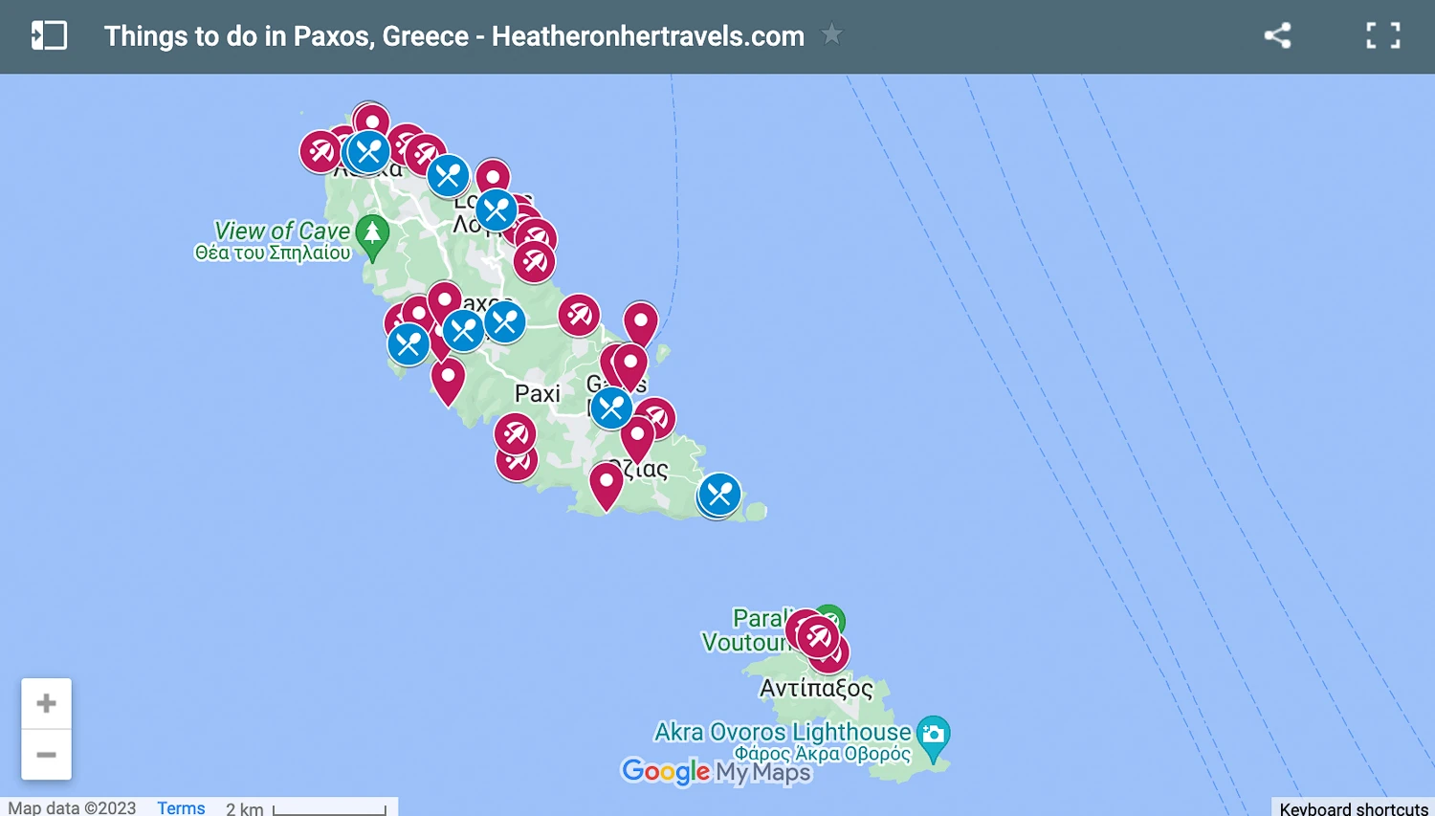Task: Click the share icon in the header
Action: point(1277,36)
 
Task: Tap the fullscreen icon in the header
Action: point(1382,36)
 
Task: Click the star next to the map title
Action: point(832,35)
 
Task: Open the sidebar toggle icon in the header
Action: point(49,36)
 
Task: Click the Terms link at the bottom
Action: point(181,807)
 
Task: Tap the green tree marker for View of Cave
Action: point(372,235)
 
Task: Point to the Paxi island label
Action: point(538,393)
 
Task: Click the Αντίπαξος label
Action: point(816,688)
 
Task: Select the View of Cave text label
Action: point(282,231)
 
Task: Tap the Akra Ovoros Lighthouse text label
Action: point(783,732)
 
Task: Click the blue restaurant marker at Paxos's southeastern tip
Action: point(719,495)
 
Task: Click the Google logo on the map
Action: point(666,771)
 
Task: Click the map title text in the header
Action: point(454,36)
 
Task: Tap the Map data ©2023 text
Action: point(73,807)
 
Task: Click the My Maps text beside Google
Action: point(763,772)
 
